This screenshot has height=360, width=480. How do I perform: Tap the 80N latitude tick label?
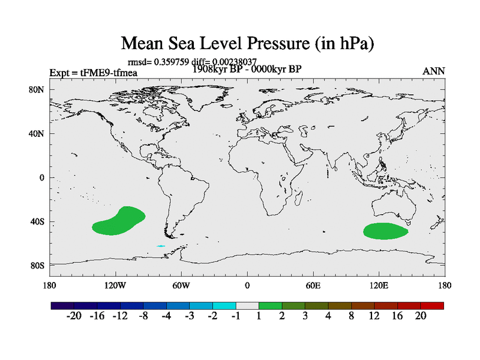tap(38, 89)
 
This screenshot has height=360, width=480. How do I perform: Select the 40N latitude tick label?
tap(38, 134)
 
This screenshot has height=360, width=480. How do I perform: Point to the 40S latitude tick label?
tap(38, 222)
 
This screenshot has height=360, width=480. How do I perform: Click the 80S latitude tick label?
tap(38, 266)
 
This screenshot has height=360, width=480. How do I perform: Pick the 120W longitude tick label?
tap(115, 285)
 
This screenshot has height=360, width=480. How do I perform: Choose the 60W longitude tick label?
tap(181, 285)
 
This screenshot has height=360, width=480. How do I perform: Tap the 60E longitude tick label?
tap(313, 285)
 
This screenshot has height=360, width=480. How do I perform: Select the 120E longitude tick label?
tap(379, 285)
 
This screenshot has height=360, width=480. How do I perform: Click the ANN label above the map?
tap(434, 71)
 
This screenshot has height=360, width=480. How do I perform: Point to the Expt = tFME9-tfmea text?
tap(94, 73)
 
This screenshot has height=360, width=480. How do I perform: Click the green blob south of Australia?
tap(385, 231)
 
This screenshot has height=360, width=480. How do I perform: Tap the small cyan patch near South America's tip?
tap(161, 246)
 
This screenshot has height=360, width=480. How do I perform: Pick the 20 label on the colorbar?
tap(421, 316)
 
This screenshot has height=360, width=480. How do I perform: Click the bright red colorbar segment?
tap(432, 305)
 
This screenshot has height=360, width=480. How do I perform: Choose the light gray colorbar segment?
tap(247, 305)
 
